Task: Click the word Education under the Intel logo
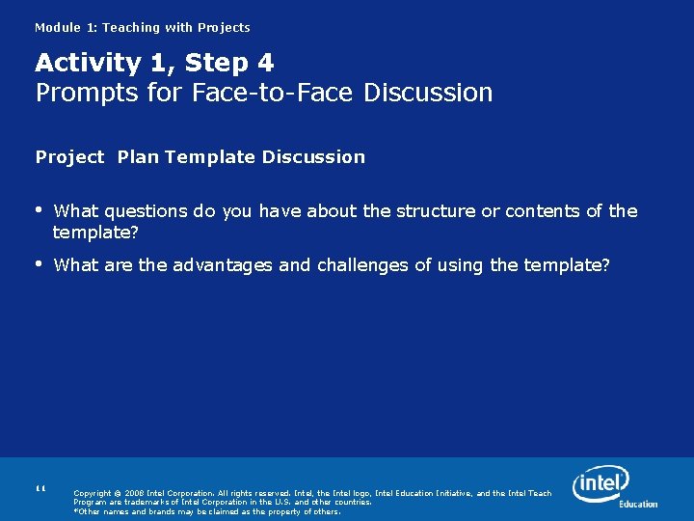click(x=638, y=504)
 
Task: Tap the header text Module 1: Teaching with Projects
click(x=142, y=28)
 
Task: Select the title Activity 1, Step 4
click(x=154, y=63)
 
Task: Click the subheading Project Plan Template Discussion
click(x=200, y=156)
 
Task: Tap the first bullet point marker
click(x=39, y=209)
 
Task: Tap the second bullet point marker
click(x=39, y=263)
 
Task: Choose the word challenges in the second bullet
click(x=362, y=264)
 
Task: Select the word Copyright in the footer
click(x=93, y=493)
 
